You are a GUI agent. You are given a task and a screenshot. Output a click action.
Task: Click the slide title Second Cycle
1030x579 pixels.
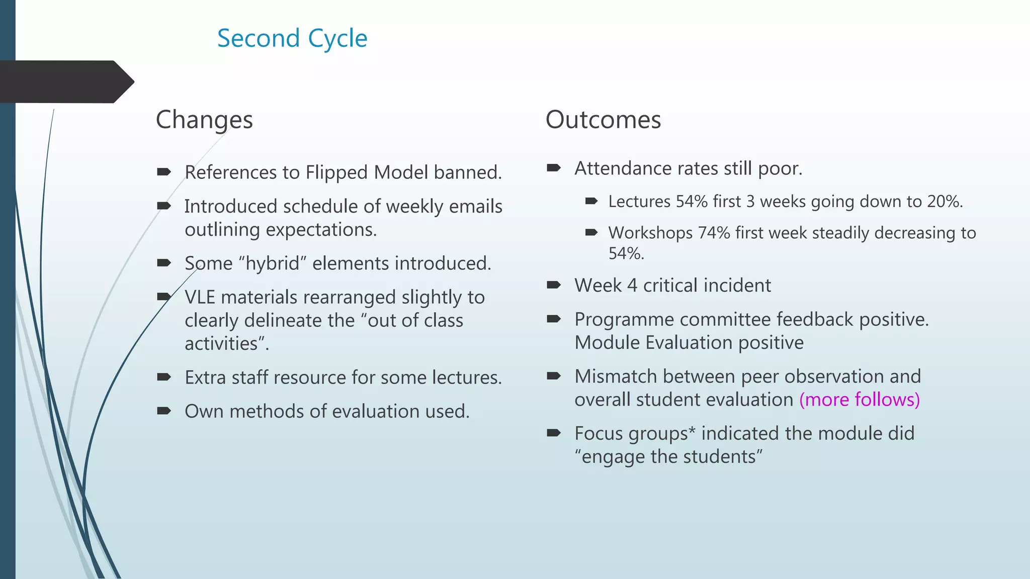click(292, 39)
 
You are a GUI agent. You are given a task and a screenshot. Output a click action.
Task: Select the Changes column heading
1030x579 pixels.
click(204, 120)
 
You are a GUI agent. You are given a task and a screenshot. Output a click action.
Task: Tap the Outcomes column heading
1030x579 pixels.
click(603, 120)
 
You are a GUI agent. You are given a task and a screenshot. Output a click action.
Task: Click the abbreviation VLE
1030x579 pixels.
click(200, 298)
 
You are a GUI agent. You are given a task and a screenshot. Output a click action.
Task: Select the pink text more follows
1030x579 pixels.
click(859, 400)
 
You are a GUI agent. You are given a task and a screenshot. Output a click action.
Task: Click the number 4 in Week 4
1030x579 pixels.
click(632, 285)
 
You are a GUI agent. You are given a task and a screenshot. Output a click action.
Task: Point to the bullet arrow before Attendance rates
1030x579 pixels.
click(553, 168)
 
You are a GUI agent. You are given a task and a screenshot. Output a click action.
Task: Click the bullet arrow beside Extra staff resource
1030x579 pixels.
click(163, 377)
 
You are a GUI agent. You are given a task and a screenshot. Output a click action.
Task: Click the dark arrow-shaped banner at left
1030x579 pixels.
click(65, 81)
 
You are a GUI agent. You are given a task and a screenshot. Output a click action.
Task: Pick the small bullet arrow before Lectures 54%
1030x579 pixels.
click(591, 202)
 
